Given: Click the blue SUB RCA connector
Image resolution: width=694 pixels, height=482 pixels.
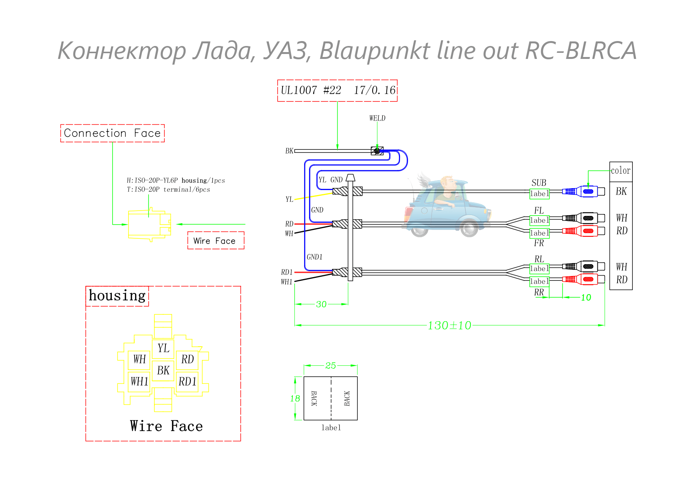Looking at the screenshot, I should click(583, 191).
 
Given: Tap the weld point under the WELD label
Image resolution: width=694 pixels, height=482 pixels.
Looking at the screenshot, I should click(377, 151).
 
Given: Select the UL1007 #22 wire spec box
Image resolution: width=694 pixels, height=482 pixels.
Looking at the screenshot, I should click(337, 90).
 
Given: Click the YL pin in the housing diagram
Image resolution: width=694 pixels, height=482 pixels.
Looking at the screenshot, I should click(163, 348).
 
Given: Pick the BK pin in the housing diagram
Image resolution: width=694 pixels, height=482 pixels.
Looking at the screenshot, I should click(163, 370).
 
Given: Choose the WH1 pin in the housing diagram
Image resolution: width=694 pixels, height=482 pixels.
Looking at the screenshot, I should click(139, 381).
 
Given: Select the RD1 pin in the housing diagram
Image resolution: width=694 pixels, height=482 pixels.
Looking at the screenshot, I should click(187, 381).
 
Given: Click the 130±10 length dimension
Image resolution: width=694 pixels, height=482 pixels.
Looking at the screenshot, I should click(449, 325).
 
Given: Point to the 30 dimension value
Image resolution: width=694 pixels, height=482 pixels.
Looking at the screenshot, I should click(321, 304).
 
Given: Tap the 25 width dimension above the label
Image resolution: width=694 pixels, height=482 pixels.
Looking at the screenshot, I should click(330, 366).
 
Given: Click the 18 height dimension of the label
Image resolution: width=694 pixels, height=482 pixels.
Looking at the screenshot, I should click(295, 398).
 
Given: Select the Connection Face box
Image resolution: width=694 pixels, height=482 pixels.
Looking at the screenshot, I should click(113, 133).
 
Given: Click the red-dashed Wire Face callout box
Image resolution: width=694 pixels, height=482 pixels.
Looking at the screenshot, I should click(216, 241).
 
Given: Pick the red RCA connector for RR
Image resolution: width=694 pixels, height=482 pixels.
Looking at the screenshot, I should click(583, 279).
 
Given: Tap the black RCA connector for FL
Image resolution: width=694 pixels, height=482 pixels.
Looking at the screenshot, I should click(583, 218).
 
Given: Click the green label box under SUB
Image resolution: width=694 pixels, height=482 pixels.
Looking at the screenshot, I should click(539, 194).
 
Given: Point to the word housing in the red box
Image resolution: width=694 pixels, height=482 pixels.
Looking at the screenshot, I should click(117, 296).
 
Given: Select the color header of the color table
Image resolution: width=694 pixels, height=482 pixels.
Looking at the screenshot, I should click(621, 171).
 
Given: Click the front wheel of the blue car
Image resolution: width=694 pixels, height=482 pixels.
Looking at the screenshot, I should click(469, 228).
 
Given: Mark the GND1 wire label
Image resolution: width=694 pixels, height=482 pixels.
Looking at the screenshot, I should click(314, 257).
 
